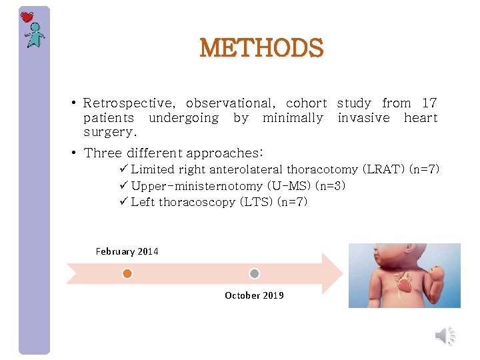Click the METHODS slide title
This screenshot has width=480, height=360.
pos(261,48)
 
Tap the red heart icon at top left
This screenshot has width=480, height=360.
pos(27,17)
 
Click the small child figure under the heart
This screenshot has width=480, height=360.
pos(34,36)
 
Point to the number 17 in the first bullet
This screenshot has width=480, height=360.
pos(429,103)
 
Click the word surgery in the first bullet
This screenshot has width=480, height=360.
pos(109,133)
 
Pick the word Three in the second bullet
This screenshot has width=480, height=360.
pos(103,153)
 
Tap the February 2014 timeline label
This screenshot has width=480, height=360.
pos(127,251)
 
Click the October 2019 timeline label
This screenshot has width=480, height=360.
pos(254,295)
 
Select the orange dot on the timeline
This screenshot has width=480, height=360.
pos(127,273)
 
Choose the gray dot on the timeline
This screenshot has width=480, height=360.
pos(254,273)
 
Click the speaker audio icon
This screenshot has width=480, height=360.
pos(444,336)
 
